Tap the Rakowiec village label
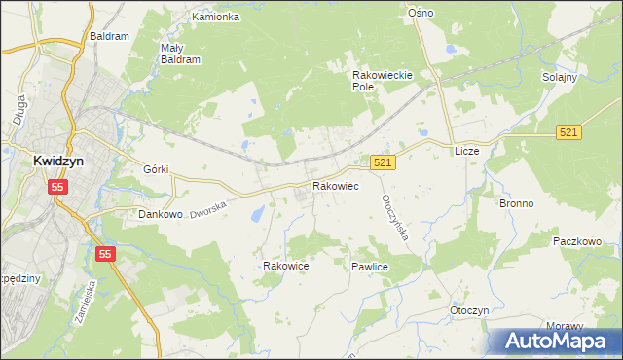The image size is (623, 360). tap(335, 185)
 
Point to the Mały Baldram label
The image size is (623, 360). tap(180, 53)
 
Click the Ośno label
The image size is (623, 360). tap(421, 13)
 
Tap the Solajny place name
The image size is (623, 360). tap(561, 77)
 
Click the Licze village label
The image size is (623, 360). tap(469, 152)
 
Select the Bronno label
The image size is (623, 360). tap(518, 203)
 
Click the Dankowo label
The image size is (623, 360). tap(161, 214)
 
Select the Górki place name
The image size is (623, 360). tap(156, 168)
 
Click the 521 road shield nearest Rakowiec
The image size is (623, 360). tap(383, 164)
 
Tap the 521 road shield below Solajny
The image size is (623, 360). tap(569, 131)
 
